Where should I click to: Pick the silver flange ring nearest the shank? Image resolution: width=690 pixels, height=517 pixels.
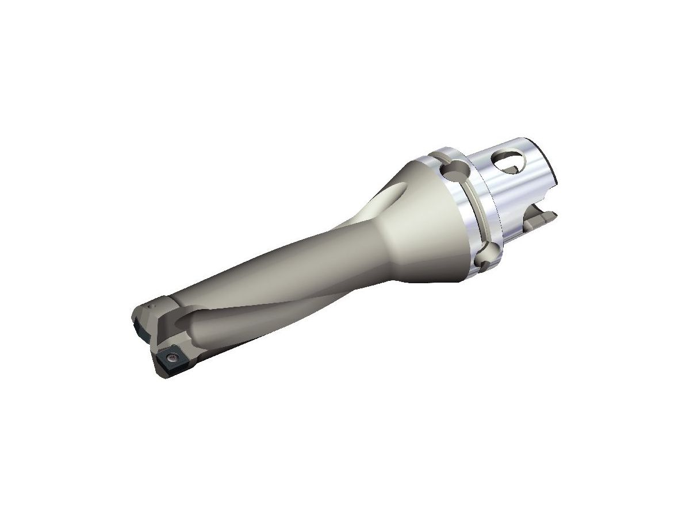tap(486, 201)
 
